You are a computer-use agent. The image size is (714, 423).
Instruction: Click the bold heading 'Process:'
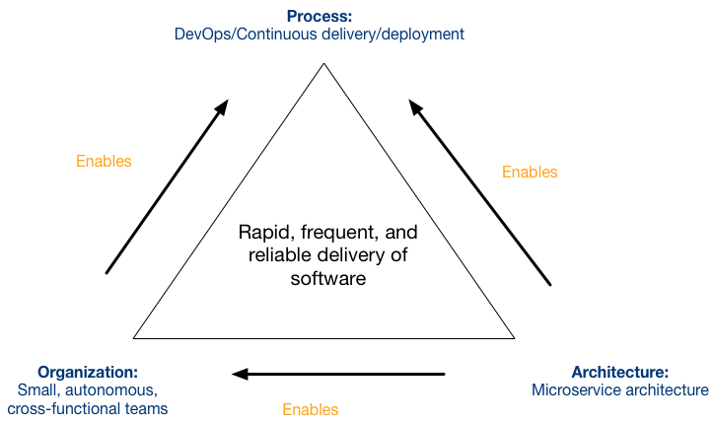[x=320, y=17]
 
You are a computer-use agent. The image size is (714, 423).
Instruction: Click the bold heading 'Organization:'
[x=88, y=373]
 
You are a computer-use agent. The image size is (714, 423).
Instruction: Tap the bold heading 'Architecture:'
[x=620, y=372]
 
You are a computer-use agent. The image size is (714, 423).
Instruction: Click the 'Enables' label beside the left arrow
[x=104, y=161]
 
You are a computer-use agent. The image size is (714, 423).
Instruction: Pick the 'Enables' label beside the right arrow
[x=530, y=173]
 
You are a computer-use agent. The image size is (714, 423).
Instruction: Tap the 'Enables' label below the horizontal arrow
[x=310, y=410]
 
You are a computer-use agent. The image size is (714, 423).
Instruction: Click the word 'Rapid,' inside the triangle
[x=265, y=233]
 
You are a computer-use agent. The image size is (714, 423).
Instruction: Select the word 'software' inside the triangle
[x=327, y=278]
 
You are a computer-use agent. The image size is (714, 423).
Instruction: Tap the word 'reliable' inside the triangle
[x=280, y=255]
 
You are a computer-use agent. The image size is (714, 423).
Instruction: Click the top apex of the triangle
[x=323, y=63]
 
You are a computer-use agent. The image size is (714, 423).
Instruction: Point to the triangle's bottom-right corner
[x=515, y=338]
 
